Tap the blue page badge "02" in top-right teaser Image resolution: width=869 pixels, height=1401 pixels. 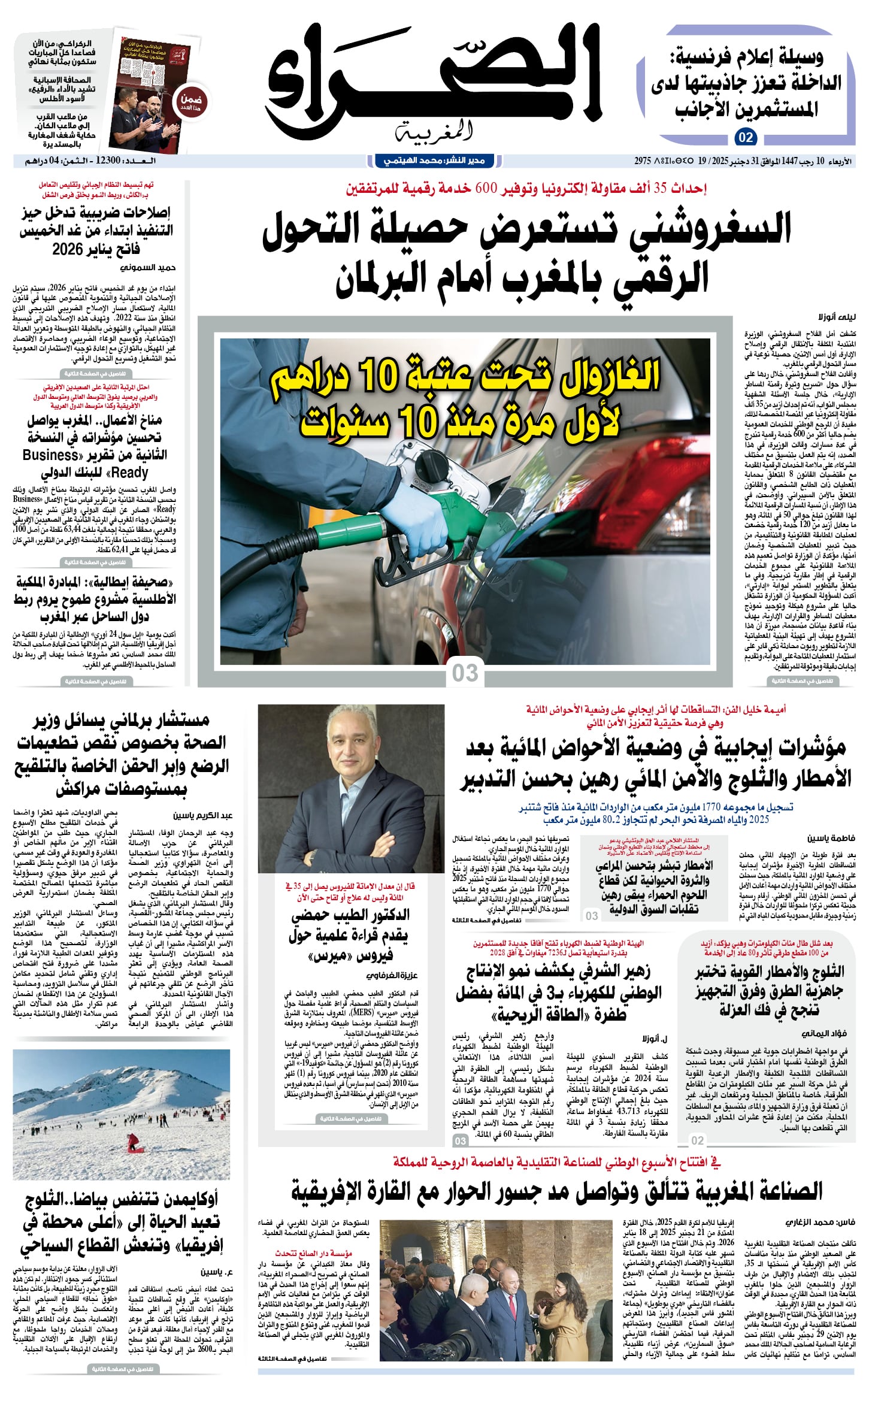746,137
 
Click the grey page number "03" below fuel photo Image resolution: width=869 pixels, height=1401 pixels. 465,673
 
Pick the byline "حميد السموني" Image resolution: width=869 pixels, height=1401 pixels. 148,267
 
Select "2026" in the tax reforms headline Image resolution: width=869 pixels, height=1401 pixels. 68,249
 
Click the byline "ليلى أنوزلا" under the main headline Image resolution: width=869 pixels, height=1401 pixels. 837,317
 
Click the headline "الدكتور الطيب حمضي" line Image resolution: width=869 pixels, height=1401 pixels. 350,915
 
